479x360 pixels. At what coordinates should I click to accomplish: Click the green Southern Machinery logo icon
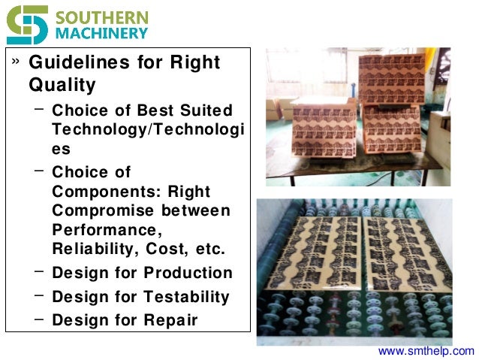point(27,24)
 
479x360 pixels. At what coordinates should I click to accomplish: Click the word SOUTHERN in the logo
point(101,17)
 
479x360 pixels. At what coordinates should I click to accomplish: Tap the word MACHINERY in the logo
point(101,34)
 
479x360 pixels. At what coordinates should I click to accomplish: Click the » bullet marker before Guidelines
point(15,60)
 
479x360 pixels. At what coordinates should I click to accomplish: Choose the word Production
point(188,273)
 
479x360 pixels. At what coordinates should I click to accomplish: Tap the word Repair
point(170,320)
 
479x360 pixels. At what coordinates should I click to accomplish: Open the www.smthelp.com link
point(426,351)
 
